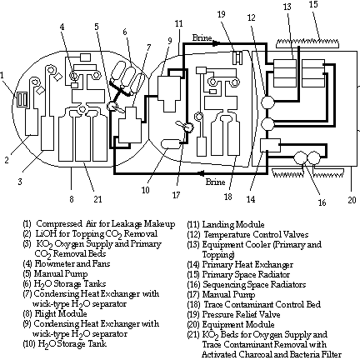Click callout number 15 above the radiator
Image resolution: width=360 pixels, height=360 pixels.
313,5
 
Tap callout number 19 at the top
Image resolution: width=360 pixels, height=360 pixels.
221,14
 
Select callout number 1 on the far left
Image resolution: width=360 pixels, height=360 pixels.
2,76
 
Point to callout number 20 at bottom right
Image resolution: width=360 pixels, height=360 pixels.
352,200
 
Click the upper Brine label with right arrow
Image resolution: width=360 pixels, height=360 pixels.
202,37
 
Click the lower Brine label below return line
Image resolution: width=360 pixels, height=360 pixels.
215,182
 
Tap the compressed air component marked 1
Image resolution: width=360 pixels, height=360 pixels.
22,99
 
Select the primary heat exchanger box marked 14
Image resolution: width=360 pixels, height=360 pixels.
270,145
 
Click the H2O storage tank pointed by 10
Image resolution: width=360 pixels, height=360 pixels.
171,143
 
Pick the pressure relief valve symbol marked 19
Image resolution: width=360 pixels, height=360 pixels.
237,57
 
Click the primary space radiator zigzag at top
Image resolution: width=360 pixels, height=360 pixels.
308,43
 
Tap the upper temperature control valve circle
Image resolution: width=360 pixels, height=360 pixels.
267,102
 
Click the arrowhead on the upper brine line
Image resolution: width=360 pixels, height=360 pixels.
217,43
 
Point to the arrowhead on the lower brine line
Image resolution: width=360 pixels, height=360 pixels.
201,173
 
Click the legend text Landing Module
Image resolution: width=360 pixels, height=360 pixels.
233,224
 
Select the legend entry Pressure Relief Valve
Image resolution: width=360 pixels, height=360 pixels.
241,314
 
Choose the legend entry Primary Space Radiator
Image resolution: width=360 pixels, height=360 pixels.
246,274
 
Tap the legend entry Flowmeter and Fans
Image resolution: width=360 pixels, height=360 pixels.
72,263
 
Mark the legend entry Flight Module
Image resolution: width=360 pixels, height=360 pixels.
61,313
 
